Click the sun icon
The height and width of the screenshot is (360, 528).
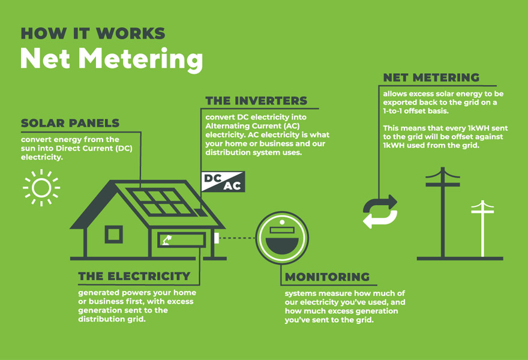tap(41, 188)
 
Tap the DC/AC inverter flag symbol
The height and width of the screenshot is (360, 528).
tap(223, 182)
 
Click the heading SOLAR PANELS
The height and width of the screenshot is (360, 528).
tap(70, 123)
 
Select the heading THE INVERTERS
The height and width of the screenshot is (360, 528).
tap(256, 101)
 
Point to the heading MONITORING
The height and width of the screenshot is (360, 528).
tap(328, 277)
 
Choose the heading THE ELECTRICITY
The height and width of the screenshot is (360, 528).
tap(134, 276)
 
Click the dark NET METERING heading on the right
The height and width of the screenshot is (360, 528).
tap(431, 77)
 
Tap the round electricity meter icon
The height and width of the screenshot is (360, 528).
tap(282, 238)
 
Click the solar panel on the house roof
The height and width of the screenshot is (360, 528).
tap(161, 202)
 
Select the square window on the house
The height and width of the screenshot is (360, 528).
tap(113, 235)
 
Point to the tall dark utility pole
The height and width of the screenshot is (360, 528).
tap(442, 212)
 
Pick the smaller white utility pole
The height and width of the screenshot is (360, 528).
tap(482, 229)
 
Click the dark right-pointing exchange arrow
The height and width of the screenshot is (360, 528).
tap(380, 203)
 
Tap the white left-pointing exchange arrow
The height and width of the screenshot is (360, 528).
tap(380, 219)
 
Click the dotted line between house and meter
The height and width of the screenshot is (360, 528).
tap(237, 238)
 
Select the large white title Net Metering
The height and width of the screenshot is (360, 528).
tap(112, 59)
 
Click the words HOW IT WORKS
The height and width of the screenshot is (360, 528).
tap(93, 34)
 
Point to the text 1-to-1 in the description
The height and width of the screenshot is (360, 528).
tap(392, 111)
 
